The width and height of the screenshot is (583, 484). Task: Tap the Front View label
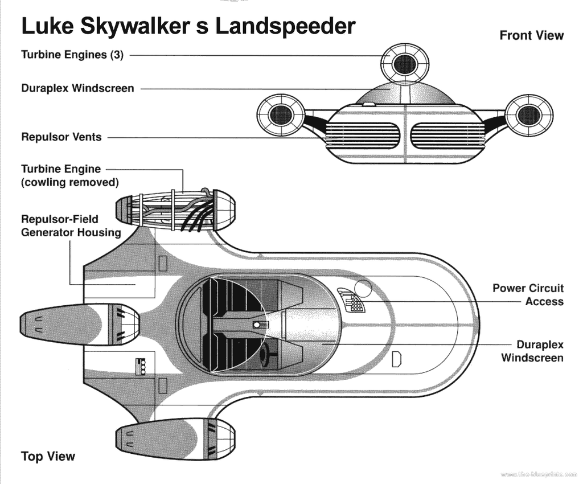(x=531, y=35)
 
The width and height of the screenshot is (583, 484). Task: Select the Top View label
(x=48, y=456)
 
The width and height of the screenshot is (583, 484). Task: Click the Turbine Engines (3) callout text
(x=72, y=55)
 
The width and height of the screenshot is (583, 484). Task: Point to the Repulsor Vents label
(x=61, y=137)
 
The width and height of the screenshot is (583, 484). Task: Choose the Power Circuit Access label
(x=528, y=295)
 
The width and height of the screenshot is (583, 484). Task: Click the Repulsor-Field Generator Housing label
(x=71, y=225)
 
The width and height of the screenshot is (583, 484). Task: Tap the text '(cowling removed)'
(x=69, y=183)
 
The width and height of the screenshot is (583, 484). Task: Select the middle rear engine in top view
(x=80, y=325)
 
